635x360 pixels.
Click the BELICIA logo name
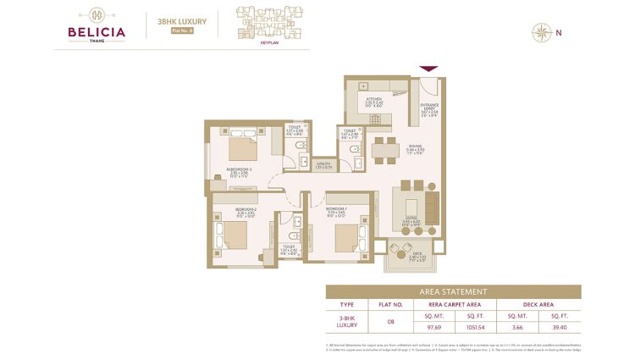97,33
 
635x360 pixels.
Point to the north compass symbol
539,33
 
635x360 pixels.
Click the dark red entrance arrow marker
428,69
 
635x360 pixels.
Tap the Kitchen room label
374,99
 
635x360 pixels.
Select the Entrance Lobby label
429,108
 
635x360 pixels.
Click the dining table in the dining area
386,150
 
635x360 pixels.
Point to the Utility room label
322,165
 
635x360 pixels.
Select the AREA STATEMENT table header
453,291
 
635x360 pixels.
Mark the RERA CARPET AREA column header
452,303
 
